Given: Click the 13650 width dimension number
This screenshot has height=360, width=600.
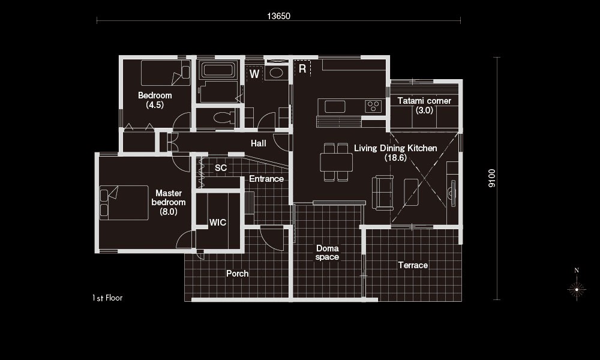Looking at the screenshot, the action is click(x=278, y=16).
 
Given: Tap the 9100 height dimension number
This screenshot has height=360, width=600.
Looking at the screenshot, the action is click(x=492, y=178).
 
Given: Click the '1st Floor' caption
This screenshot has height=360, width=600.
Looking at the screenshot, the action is click(x=107, y=298).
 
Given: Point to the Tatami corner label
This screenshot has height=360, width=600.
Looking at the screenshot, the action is click(x=424, y=106).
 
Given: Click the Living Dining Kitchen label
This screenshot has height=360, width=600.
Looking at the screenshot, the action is click(x=395, y=152).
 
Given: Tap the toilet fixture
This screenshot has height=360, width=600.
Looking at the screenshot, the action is click(x=224, y=118).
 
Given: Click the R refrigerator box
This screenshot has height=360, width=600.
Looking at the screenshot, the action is click(x=302, y=68).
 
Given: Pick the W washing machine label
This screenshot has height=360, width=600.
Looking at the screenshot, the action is click(x=254, y=74).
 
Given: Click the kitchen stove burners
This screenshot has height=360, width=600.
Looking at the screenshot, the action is click(x=373, y=106).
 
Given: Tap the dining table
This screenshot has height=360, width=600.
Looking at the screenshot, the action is click(x=337, y=162).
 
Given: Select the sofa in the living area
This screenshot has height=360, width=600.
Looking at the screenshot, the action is click(x=383, y=193).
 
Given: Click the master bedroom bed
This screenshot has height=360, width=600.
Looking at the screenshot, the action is click(x=124, y=203).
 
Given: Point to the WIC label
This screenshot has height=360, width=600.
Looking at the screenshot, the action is click(x=218, y=223).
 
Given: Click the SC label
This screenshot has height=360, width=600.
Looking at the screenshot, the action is click(x=221, y=168).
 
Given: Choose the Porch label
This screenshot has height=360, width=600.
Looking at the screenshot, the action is click(x=237, y=274).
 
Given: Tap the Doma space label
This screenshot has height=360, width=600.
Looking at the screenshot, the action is click(x=327, y=253).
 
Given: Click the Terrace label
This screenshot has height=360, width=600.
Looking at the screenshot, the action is click(x=413, y=265).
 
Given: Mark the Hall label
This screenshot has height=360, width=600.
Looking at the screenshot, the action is click(x=258, y=143).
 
